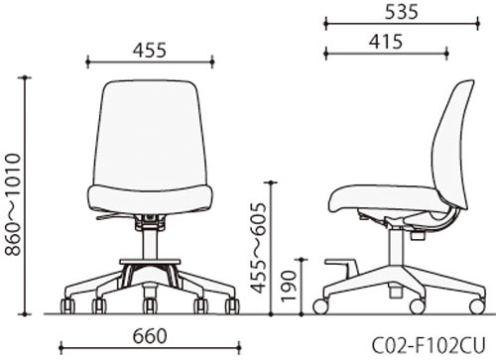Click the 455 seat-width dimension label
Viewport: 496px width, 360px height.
pos(150,51)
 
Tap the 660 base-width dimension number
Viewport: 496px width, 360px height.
pos(150,336)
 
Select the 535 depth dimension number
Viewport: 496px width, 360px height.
pos(402,13)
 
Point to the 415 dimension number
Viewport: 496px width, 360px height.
pos(386,42)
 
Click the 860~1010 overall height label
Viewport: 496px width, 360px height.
pos(14,204)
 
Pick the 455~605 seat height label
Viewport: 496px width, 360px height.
pos(258,248)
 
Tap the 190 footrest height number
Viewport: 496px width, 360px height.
pos(288,287)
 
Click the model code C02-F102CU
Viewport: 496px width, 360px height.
pos(430,345)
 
